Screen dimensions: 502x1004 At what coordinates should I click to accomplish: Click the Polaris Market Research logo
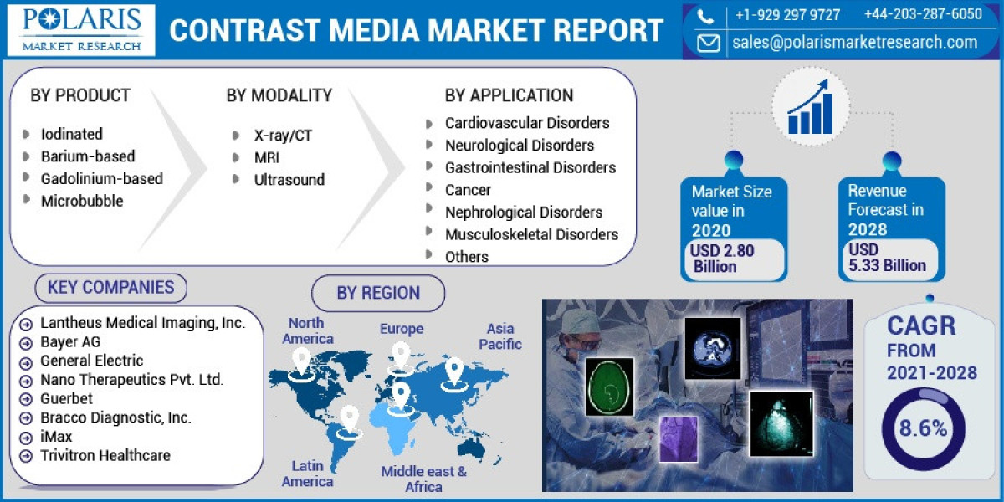(x=80, y=30)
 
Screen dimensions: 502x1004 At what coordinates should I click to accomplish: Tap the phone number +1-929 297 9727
(x=787, y=14)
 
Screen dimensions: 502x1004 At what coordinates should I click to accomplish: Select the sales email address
(x=854, y=42)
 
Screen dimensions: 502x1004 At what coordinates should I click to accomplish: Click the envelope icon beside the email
(x=708, y=43)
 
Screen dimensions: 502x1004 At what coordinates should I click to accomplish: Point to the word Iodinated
(x=72, y=134)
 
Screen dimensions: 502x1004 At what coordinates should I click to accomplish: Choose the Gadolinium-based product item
(x=101, y=178)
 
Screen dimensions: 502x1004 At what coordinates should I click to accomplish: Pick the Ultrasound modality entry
(x=289, y=179)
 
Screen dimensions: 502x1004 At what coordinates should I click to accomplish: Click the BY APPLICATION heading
(x=509, y=95)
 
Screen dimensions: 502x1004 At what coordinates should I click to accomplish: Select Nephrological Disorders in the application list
(x=523, y=213)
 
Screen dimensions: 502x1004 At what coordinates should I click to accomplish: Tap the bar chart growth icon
(x=808, y=108)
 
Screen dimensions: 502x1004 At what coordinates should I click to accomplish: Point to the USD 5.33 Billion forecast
(x=886, y=259)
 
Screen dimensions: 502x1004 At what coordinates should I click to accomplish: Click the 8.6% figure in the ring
(x=923, y=429)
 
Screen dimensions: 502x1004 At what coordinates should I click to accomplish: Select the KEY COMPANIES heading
(x=110, y=288)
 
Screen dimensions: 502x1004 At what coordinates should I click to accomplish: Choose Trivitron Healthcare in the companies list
(x=105, y=456)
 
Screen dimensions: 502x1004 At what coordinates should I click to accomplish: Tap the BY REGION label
(x=378, y=293)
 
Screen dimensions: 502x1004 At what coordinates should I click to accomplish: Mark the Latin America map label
(x=307, y=474)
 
